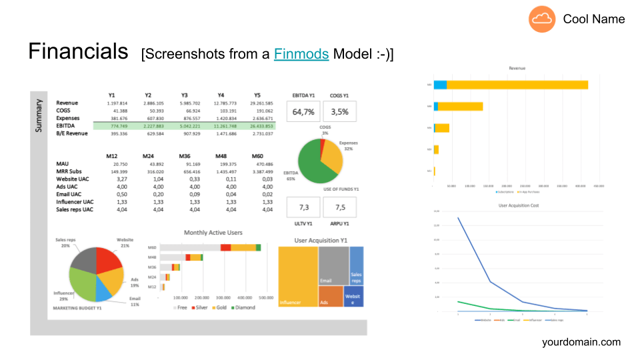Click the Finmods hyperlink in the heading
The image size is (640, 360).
click(301, 54)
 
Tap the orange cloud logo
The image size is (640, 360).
click(542, 19)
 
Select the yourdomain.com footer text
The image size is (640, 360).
click(581, 342)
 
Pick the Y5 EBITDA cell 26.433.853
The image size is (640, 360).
click(260, 126)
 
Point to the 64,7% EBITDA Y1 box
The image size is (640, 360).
click(303, 111)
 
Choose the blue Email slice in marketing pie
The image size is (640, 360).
click(104, 289)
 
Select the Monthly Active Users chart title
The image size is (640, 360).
click(213, 233)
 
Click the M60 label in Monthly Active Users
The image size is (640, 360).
click(151, 247)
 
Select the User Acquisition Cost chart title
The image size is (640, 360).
click(519, 205)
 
